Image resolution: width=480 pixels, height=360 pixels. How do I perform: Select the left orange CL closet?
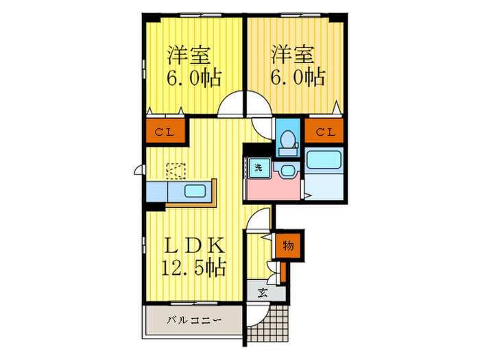[x=165, y=132]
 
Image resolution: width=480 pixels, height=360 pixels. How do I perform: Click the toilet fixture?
[x=287, y=141]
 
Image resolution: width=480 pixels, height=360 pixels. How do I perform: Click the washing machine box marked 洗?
[x=259, y=167]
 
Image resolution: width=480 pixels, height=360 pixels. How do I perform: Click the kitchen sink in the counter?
[x=199, y=191]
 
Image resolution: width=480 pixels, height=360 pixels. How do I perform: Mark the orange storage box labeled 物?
[x=288, y=245]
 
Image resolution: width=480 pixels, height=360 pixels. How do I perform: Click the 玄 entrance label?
[x=263, y=293]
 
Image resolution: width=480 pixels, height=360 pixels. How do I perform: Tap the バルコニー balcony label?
[x=194, y=320]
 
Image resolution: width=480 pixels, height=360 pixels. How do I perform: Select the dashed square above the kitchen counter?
[x=176, y=170]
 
